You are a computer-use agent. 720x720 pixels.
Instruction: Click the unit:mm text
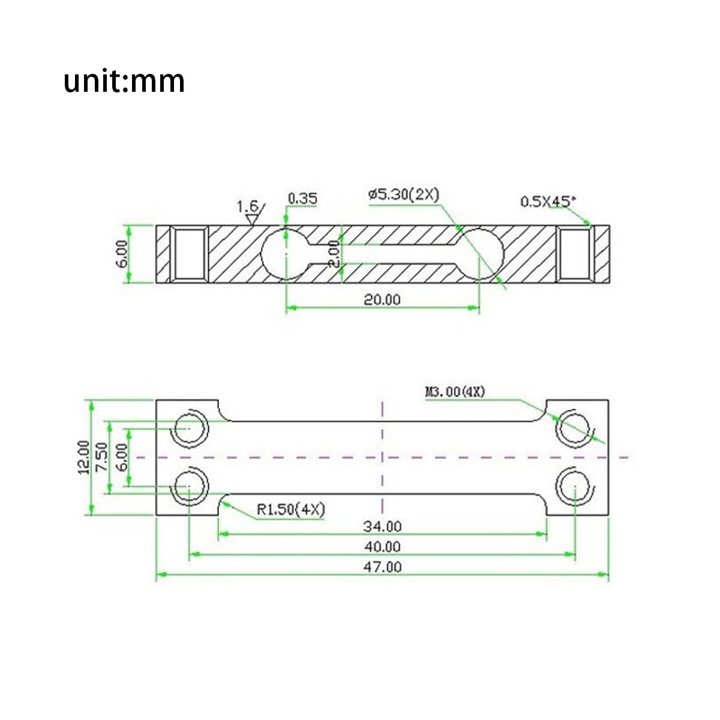point(124,81)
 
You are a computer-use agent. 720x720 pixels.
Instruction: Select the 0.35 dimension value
point(302,199)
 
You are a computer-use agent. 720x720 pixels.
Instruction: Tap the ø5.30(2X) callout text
point(404,194)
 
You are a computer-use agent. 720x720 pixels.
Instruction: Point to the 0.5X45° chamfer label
point(548,202)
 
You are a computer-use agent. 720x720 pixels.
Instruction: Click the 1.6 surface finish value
point(248,206)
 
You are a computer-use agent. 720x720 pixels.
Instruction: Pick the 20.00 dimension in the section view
point(382,299)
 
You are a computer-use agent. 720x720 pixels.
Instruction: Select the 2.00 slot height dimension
point(334,254)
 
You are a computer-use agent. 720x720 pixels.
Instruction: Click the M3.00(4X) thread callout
point(455,392)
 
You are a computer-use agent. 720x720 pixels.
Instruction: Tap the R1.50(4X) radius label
point(291,509)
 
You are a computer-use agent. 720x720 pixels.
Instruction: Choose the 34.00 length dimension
point(382,527)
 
